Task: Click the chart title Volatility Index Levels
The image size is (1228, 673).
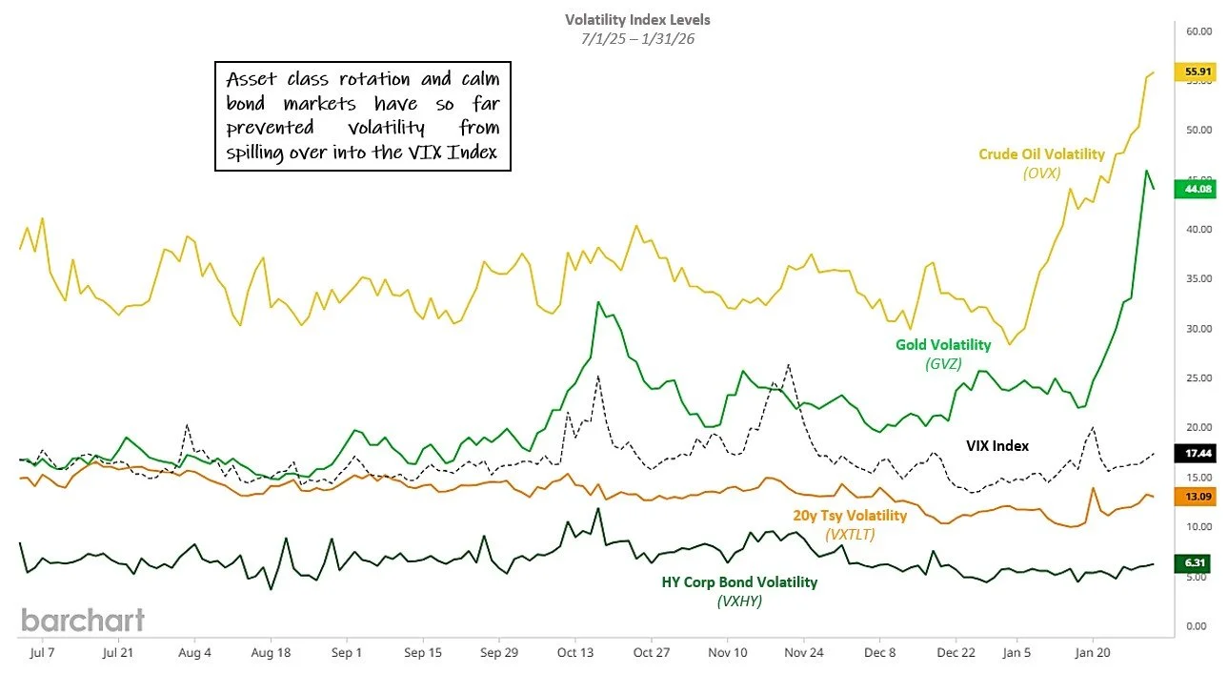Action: pyautogui.click(x=637, y=19)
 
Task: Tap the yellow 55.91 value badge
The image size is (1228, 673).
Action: pyautogui.click(x=1198, y=71)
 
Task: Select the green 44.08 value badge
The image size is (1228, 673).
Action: pyautogui.click(x=1198, y=188)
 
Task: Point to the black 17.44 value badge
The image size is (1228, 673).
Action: pyautogui.click(x=1198, y=454)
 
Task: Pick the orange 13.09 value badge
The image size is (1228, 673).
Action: pyautogui.click(x=1198, y=497)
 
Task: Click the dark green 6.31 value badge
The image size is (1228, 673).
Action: pyautogui.click(x=1198, y=563)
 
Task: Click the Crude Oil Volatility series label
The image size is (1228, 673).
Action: pyautogui.click(x=1041, y=154)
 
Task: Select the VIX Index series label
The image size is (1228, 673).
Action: pyautogui.click(x=997, y=445)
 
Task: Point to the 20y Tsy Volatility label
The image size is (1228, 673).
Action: pyautogui.click(x=850, y=516)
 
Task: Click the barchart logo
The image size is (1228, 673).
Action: pyautogui.click(x=83, y=620)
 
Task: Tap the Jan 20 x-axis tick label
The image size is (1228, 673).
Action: pyautogui.click(x=1092, y=653)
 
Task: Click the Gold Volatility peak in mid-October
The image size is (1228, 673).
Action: pyautogui.click(x=598, y=302)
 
